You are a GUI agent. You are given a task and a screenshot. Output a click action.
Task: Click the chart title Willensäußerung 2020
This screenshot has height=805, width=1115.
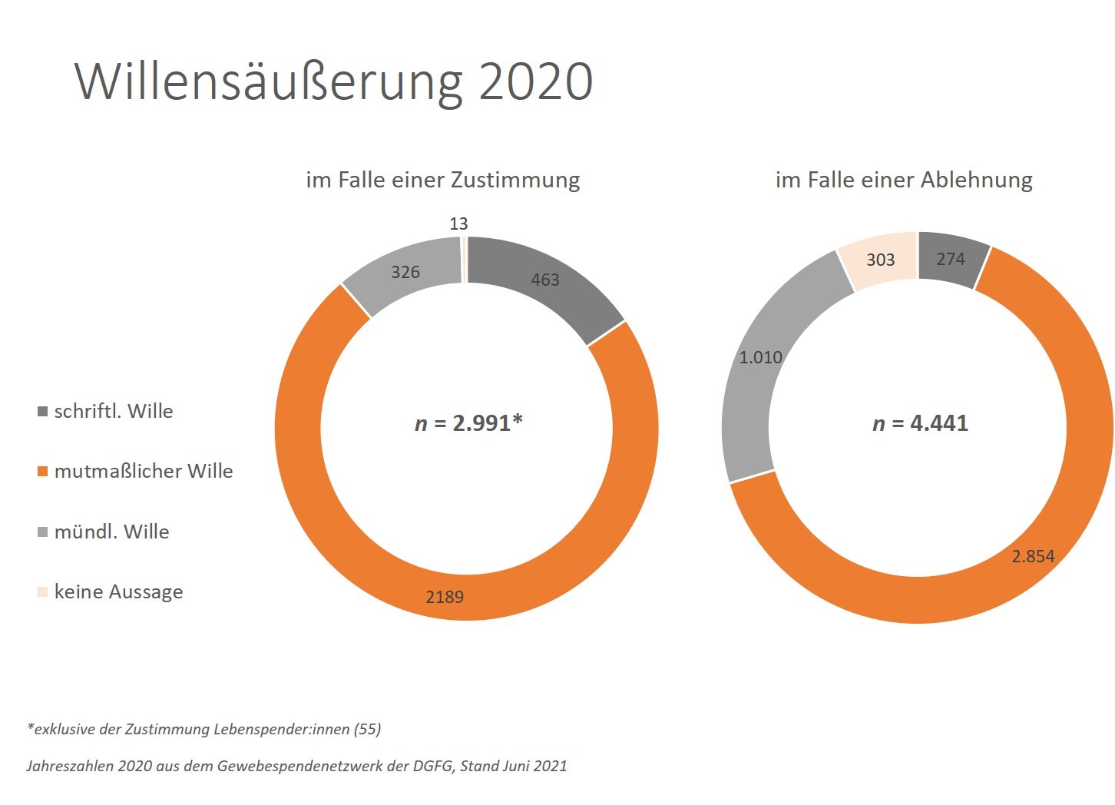coord(333,81)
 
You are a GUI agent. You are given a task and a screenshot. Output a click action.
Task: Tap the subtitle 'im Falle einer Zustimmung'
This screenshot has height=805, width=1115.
coord(442,180)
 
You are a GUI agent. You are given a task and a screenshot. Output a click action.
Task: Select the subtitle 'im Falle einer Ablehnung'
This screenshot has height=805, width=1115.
coord(904,180)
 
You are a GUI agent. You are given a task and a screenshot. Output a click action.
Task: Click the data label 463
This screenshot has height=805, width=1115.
coord(545,280)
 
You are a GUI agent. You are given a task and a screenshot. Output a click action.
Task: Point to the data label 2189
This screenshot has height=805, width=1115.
coord(445,597)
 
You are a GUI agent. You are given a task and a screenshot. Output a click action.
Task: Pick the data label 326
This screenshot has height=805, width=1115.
coord(405,272)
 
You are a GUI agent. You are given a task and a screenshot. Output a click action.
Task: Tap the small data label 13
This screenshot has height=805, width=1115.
coord(458,224)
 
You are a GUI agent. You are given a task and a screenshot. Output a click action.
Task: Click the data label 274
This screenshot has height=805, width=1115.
coord(951,259)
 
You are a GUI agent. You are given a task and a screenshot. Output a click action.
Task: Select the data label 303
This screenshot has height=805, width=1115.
coord(881,260)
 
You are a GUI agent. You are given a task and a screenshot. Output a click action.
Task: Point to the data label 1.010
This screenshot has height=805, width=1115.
coord(760,357)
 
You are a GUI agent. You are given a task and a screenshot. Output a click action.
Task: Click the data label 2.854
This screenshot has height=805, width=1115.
coord(1033,556)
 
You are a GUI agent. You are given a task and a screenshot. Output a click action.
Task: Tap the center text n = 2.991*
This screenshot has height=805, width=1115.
coord(468,423)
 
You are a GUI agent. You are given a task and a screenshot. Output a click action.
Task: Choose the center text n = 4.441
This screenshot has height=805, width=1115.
coord(920,423)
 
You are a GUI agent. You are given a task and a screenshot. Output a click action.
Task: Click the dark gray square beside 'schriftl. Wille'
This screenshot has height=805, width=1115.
coord(43,412)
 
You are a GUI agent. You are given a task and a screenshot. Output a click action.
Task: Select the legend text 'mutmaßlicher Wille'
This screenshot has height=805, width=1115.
coord(144,471)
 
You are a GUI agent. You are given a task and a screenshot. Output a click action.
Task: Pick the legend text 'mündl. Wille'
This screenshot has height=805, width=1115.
coord(112,532)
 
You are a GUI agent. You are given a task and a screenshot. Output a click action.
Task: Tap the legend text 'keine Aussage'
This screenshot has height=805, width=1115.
coord(119,591)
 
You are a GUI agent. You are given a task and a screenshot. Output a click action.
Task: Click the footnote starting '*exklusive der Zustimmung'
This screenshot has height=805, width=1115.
coord(204,729)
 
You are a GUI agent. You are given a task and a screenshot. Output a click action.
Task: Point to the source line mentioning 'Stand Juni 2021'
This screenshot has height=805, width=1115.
coord(296,766)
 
